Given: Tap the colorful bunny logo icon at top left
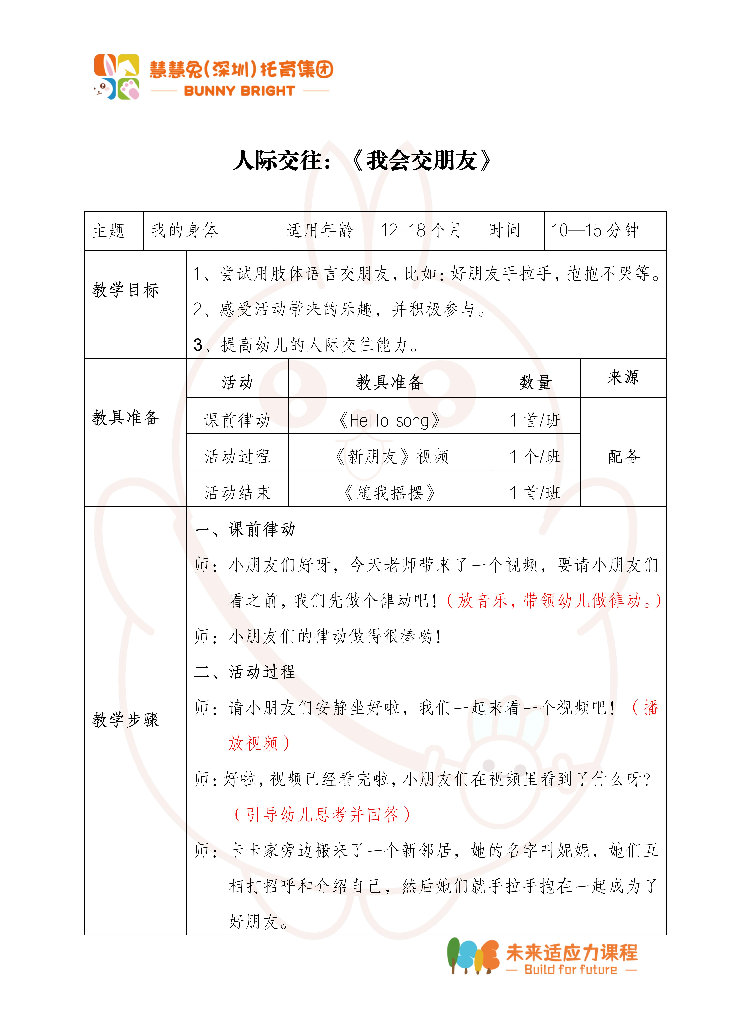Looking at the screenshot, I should (x=116, y=77).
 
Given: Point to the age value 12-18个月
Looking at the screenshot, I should (x=421, y=231).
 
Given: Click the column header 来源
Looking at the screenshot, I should (x=623, y=377).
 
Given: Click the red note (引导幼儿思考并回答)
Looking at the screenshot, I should (x=322, y=814).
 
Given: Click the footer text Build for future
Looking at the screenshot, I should (x=571, y=970).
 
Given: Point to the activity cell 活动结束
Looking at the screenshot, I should (x=237, y=493).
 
